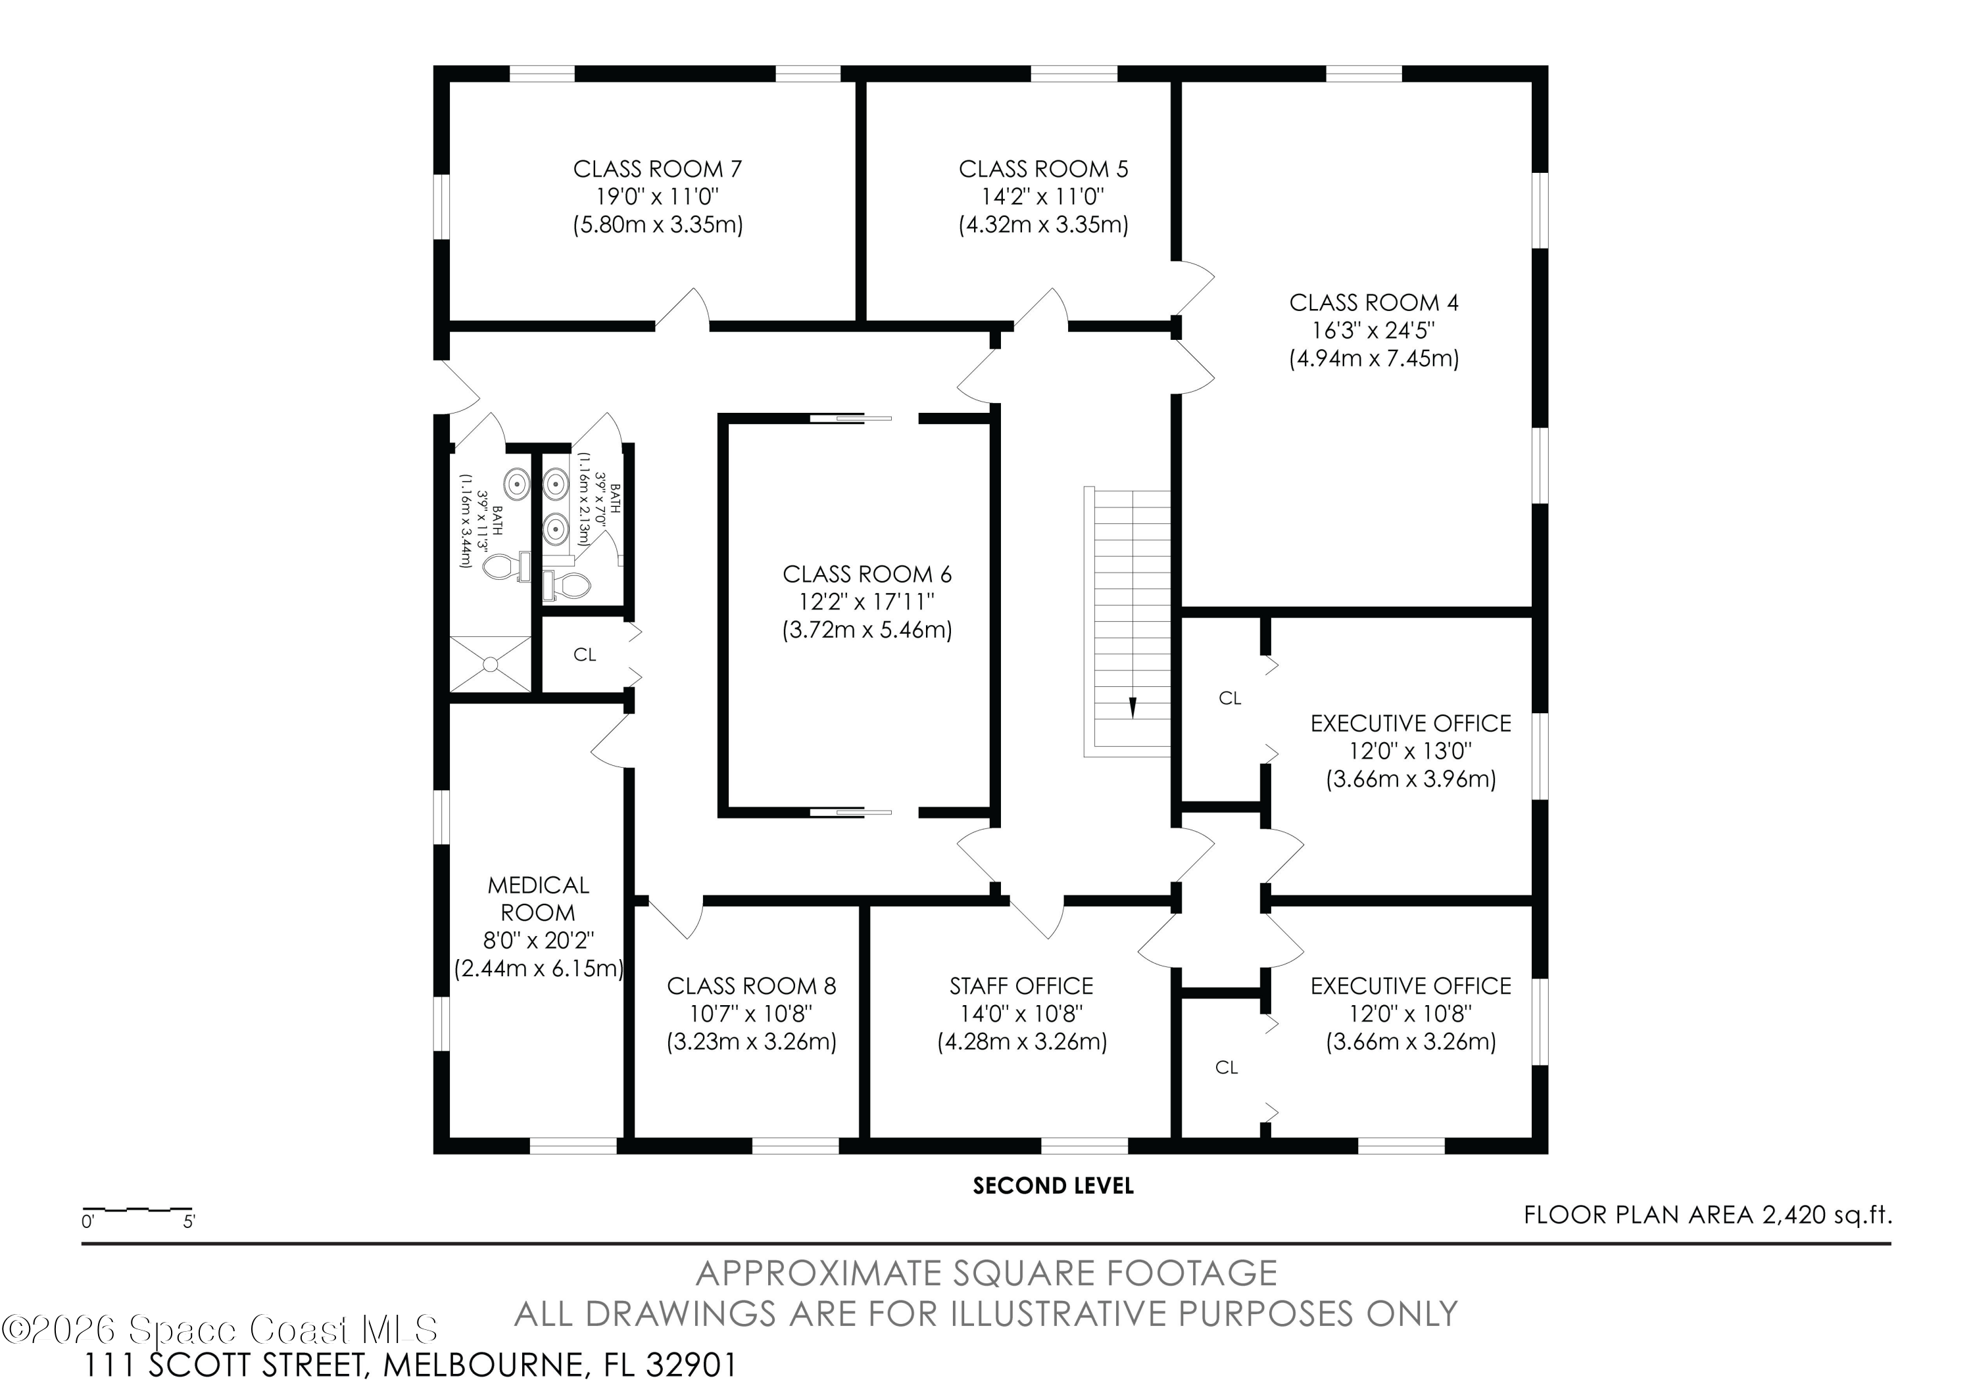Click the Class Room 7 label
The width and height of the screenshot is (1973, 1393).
tap(658, 169)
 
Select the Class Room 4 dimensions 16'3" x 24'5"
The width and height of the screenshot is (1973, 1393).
tap(1373, 331)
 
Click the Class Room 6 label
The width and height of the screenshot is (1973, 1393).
tap(867, 575)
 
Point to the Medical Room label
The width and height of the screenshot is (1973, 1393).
tap(538, 899)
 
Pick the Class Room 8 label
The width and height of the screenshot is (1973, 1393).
tap(751, 986)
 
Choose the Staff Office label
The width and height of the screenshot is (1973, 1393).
tap(1022, 986)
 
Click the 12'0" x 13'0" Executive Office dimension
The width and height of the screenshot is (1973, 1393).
tap(1410, 751)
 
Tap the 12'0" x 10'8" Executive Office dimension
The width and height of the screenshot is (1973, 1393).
tap(1410, 1014)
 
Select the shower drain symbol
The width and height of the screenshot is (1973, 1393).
tap(491, 664)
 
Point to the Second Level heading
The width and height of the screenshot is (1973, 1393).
tap(1054, 1186)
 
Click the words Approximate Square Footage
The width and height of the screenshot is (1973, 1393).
tap(986, 1273)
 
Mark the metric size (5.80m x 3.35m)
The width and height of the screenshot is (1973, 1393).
tap(658, 225)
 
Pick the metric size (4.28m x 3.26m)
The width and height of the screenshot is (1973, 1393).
tap(1022, 1042)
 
